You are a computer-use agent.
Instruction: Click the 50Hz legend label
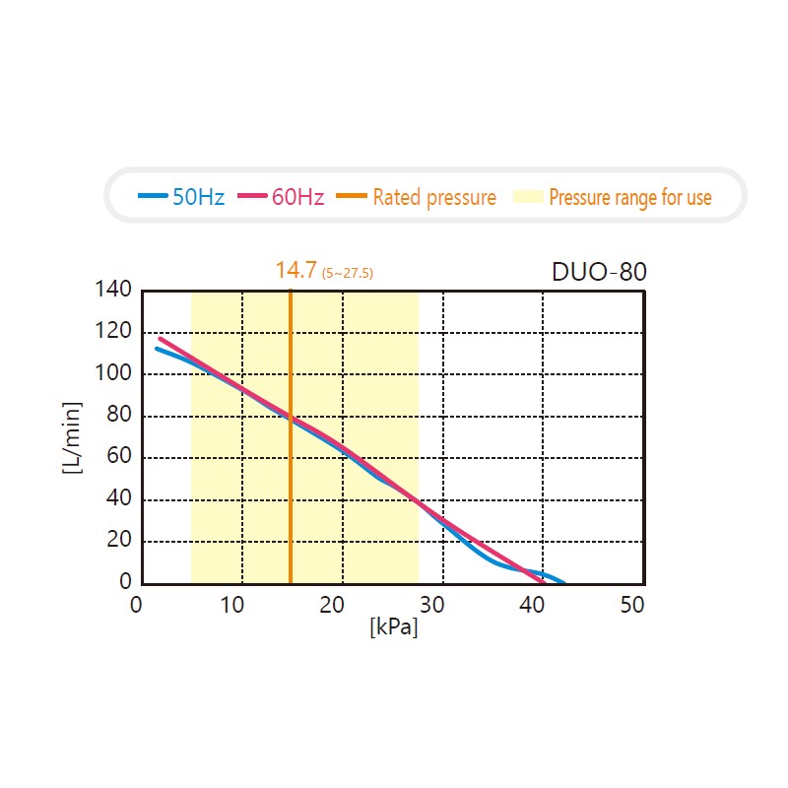point(199,197)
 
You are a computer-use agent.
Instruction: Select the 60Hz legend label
point(297,197)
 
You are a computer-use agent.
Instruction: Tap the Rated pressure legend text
point(434,198)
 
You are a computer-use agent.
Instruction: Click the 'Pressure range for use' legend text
point(629,198)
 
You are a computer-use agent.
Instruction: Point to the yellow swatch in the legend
point(528,197)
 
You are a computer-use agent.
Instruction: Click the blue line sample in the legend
point(153,196)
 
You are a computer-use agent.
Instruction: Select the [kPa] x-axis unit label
point(394,626)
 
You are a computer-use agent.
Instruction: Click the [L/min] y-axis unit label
point(71,437)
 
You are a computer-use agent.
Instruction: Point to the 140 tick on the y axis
point(113,290)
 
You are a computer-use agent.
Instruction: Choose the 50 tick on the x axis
point(632,605)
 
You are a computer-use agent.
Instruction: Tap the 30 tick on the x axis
point(434,605)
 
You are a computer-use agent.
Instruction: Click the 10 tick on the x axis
point(232,605)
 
